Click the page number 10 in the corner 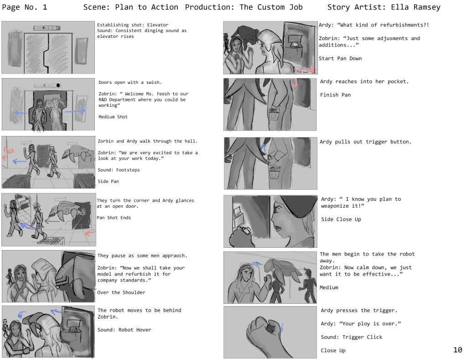pyautogui.click(x=457, y=350)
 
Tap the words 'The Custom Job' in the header pyautogui.click(x=271, y=7)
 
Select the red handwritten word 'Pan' pyautogui.click(x=9, y=150)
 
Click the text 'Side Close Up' pyautogui.click(x=341, y=219)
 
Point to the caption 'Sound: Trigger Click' pyautogui.click(x=351, y=337)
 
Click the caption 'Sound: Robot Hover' pyautogui.click(x=124, y=329)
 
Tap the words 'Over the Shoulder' pyautogui.click(x=121, y=292)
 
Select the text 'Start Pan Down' pyautogui.click(x=340, y=58)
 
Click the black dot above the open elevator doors pyautogui.click(x=58, y=85)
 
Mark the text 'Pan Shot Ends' pyautogui.click(x=114, y=218)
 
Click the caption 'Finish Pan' pyautogui.click(x=335, y=95)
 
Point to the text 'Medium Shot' pyautogui.click(x=113, y=117)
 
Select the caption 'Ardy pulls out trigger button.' pyautogui.click(x=365, y=142)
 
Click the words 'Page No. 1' pyautogui.click(x=25, y=7)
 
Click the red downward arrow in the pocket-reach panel pyautogui.click(x=296, y=83)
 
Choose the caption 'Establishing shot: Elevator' pyautogui.click(x=133, y=25)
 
